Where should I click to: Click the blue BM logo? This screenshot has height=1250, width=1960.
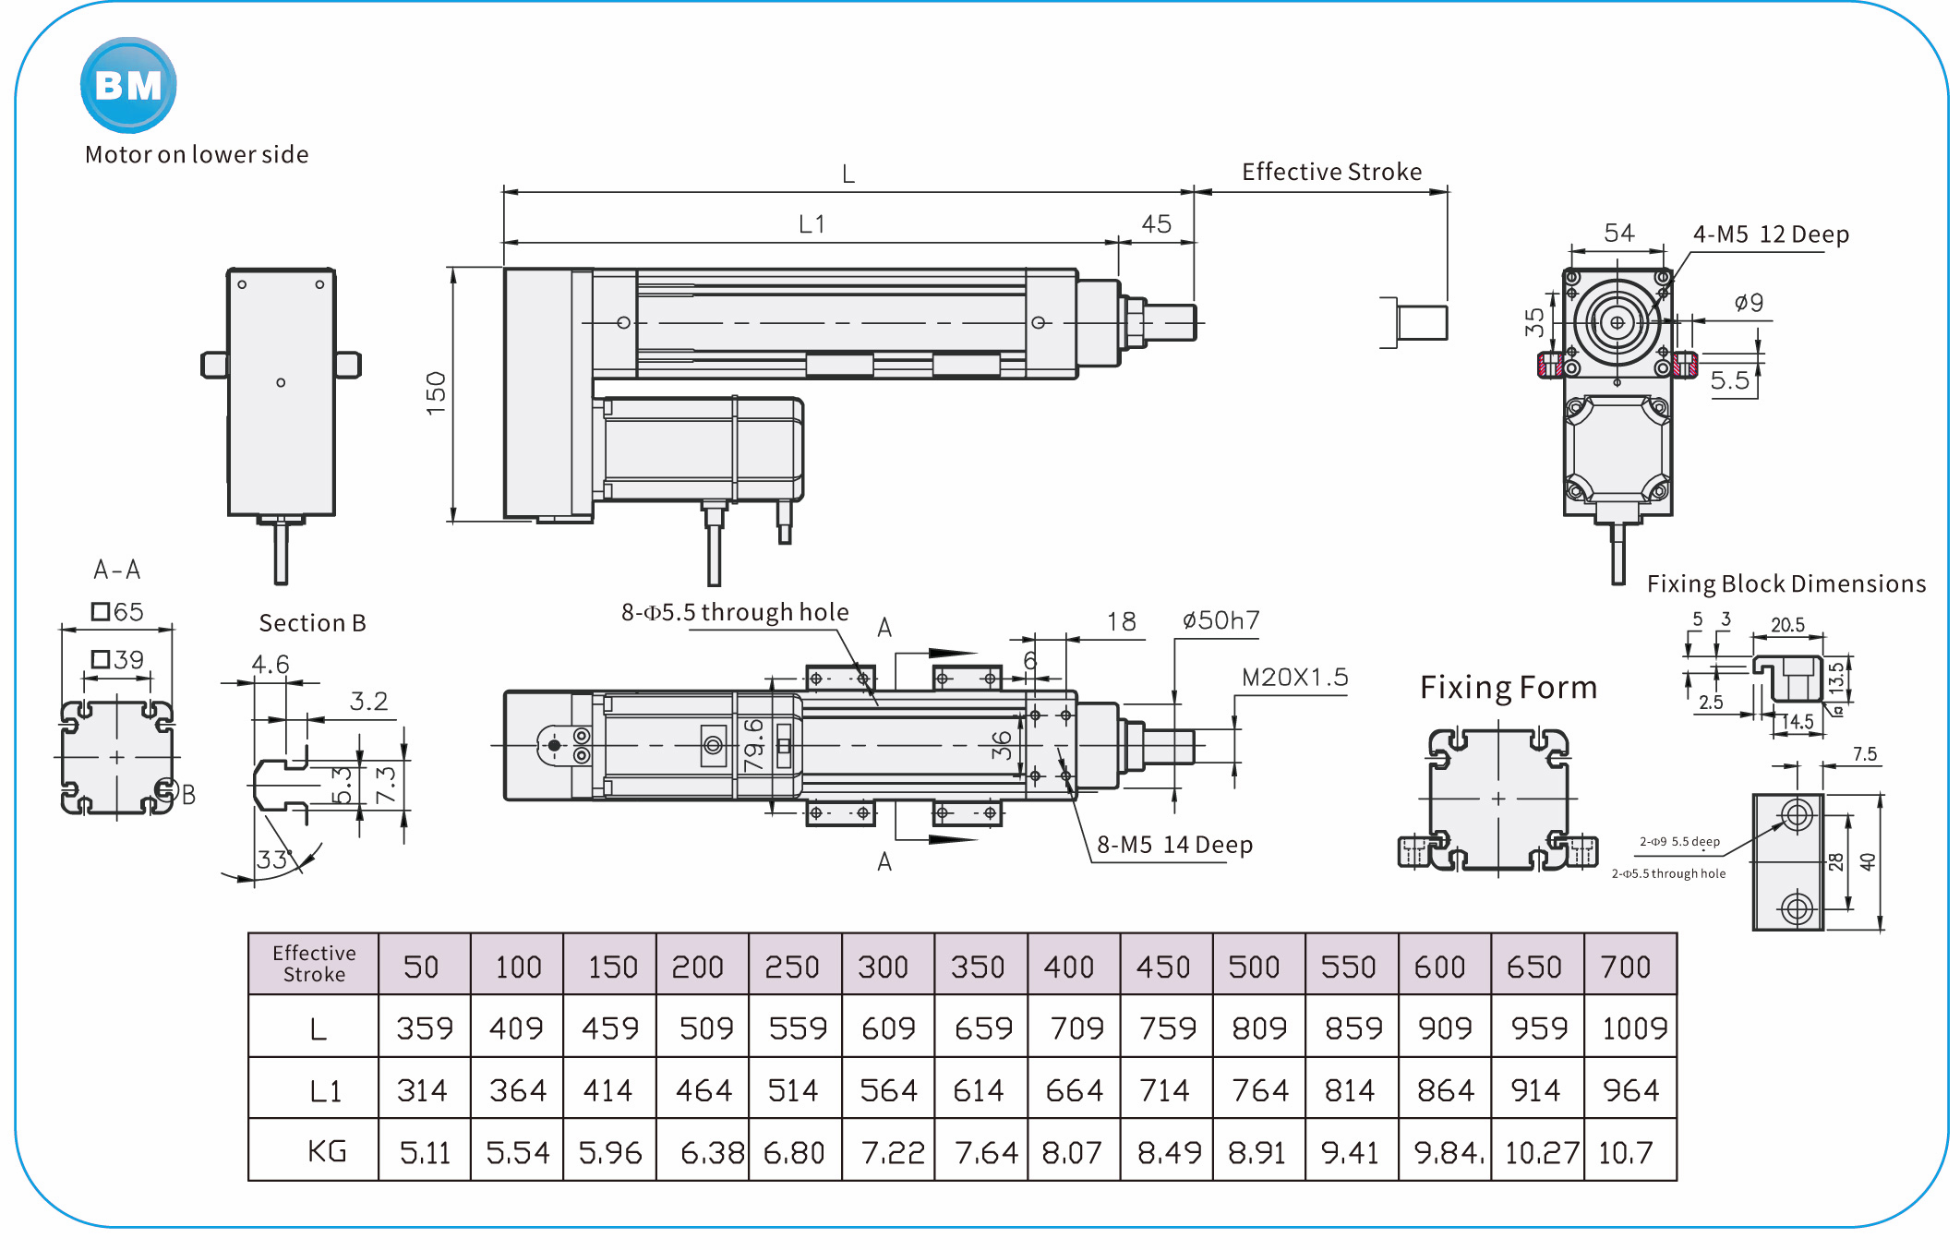coord(128,85)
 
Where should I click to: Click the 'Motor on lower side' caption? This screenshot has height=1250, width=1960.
coord(197,154)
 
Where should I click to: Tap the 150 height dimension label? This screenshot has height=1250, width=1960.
coord(436,393)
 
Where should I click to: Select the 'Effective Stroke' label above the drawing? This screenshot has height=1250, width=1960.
coord(1330,172)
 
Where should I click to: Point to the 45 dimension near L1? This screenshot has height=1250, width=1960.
coord(1156,224)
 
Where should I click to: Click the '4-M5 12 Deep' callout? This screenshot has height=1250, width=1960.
coord(1770,234)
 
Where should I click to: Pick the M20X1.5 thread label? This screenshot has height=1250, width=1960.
coord(1294,677)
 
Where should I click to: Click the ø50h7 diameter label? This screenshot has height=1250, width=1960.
coord(1220,620)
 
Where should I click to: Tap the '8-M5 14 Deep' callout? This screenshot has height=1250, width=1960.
coord(1174,845)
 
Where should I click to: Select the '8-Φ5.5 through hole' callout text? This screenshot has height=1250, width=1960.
coord(735,612)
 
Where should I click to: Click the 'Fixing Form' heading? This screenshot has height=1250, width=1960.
coord(1508,688)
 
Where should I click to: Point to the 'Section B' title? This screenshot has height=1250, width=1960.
coord(312,623)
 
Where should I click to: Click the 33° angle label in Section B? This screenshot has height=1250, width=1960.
coord(274,859)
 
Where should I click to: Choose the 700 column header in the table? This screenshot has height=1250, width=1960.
coord(1625,967)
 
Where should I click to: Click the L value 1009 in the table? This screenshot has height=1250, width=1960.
coord(1633,1028)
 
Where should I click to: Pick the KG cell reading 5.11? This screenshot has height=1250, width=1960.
coord(425,1152)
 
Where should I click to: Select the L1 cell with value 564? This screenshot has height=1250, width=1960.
coord(888,1090)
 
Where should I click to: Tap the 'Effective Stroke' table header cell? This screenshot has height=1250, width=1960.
coord(314,964)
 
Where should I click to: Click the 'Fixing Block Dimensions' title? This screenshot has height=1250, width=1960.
coord(1786,583)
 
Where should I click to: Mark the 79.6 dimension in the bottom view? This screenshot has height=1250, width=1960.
coord(753,744)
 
